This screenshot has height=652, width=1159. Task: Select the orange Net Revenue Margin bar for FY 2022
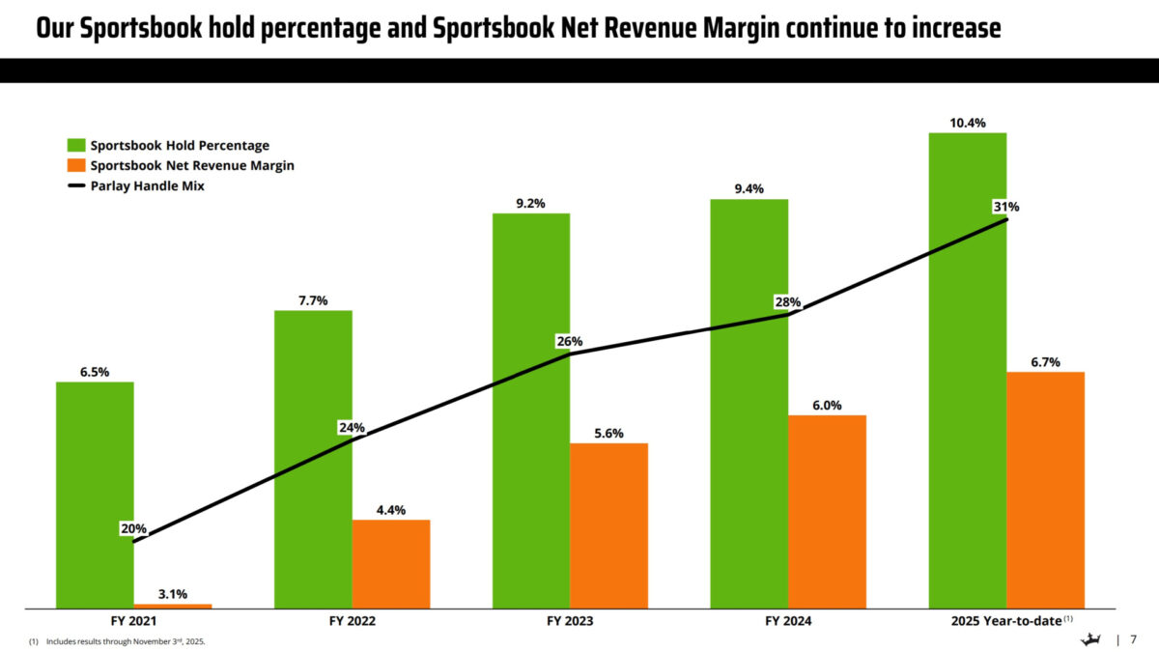pos(391,564)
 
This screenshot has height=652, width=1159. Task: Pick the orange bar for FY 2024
pos(827,512)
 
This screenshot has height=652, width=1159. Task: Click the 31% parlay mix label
pos(1005,207)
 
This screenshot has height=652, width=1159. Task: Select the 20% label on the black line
pos(133,528)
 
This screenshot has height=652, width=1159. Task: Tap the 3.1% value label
pos(172,594)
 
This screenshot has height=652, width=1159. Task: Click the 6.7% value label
pos(1045,362)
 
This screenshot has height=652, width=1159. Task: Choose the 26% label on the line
pos(569,341)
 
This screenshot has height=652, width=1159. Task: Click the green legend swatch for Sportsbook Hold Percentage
pos(76,146)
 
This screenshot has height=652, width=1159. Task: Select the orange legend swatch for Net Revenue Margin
pos(76,166)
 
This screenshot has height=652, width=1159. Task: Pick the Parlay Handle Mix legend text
pos(147,186)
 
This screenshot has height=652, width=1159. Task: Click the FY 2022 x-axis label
pos(352,620)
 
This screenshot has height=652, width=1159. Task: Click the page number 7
pos(1134,638)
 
